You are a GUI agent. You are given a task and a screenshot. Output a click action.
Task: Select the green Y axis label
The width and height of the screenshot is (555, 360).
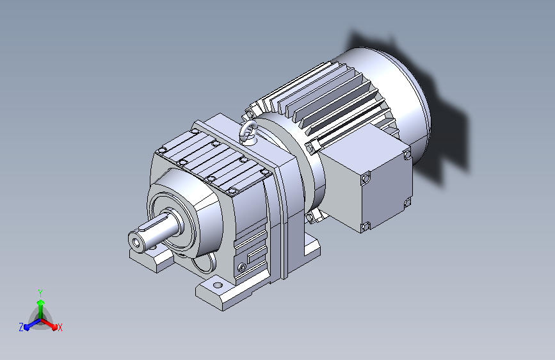pos(40,293)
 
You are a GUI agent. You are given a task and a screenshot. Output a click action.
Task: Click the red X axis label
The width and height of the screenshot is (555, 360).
pos(60,327)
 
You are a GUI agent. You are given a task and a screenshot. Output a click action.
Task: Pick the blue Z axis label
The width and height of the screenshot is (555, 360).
pos(21,327)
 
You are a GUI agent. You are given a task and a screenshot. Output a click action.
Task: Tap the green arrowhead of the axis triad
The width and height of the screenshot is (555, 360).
pos(41,303)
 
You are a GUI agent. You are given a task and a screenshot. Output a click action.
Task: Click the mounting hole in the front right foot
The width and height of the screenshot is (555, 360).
pos(218,285)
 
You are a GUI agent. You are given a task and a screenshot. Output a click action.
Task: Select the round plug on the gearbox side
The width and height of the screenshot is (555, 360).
pos(242,267)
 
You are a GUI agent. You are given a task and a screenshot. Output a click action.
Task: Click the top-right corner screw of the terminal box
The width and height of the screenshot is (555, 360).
pos(407,154)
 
